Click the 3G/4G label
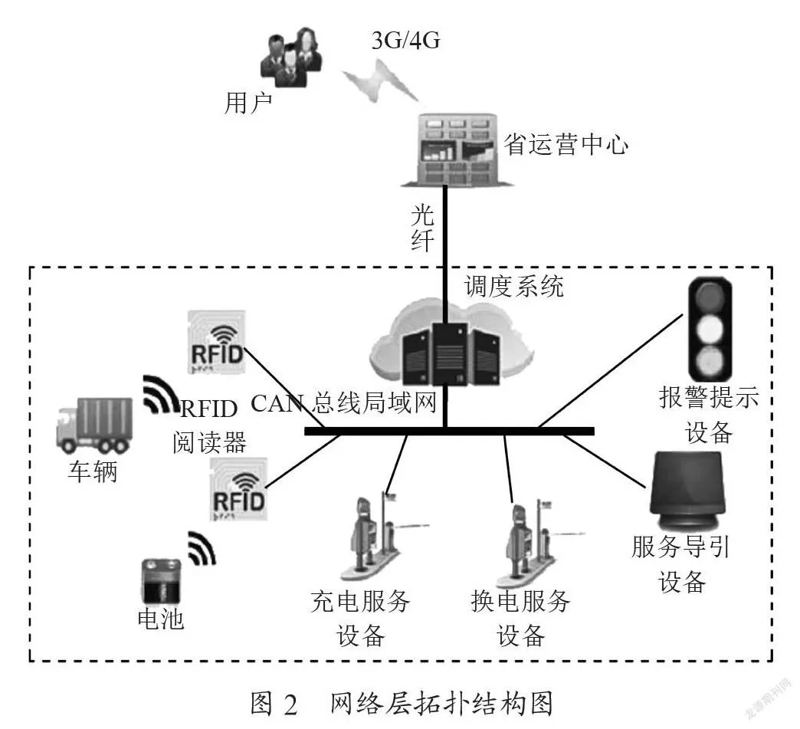click(405, 41)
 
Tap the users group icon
click(291, 57)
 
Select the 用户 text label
click(248, 103)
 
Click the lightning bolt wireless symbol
click(381, 80)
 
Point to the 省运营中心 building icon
click(457, 149)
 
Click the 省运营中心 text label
click(566, 144)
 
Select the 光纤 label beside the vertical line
click(423, 228)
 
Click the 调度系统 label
click(513, 286)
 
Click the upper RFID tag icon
click(216, 341)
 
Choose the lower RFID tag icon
click(239, 488)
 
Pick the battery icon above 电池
click(161, 582)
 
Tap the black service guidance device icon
click(687, 491)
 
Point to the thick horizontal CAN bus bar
click(450, 432)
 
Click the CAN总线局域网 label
click(343, 403)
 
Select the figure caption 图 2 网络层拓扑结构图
click(402, 704)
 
